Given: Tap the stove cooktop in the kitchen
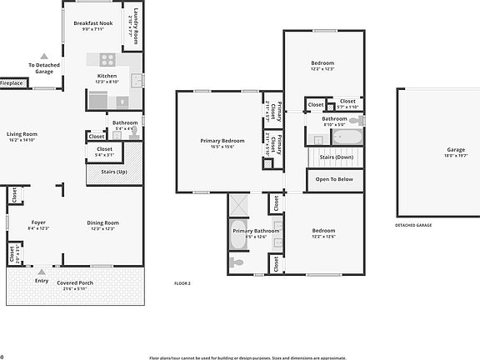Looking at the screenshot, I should click(107, 59).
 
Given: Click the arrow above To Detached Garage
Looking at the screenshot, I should click(44, 56).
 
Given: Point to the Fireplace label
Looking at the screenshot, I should click(11, 83).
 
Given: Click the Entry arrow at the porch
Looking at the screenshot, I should click(42, 272).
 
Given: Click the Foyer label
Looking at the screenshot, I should click(38, 222).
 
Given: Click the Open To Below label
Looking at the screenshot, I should click(334, 179).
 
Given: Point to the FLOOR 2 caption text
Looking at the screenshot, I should click(182, 284).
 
